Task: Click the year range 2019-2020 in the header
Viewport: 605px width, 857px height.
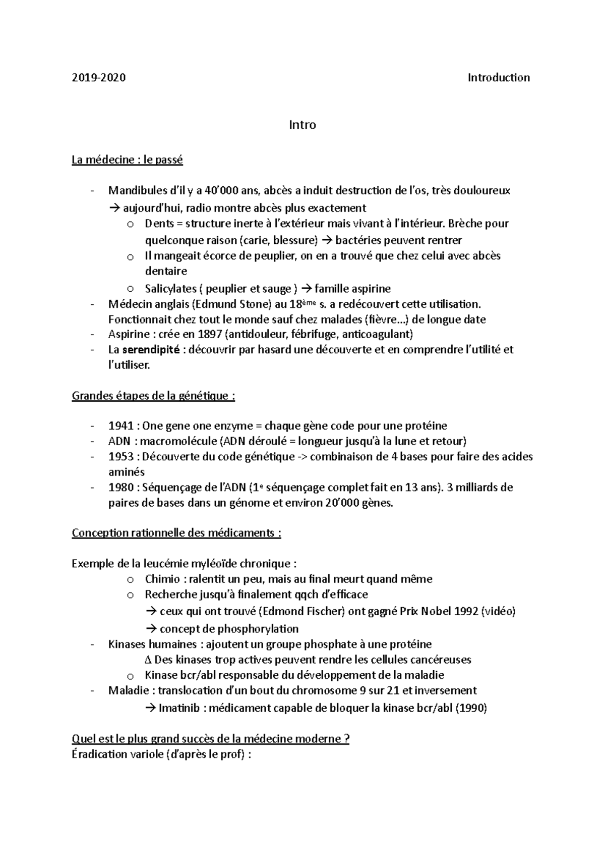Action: (x=99, y=78)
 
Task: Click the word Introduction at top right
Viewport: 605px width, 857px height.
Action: (x=499, y=78)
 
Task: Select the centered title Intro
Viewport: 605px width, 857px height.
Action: (x=302, y=125)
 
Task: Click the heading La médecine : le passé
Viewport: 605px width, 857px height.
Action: (x=127, y=160)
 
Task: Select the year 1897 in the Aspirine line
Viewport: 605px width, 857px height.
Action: (x=209, y=334)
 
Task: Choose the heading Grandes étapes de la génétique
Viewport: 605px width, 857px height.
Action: (x=153, y=396)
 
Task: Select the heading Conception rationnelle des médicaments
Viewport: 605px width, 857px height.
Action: (x=176, y=533)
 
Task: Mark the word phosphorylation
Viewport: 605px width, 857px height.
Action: (x=258, y=629)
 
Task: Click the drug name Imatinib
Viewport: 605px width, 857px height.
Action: (x=179, y=708)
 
